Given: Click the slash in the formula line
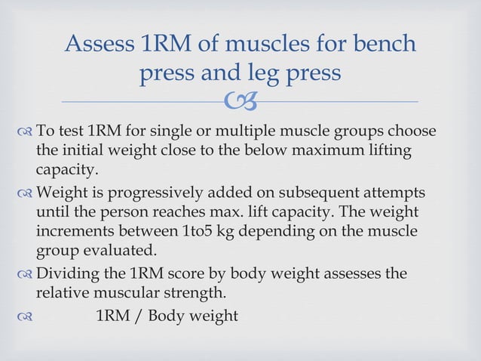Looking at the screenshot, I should click(136, 314).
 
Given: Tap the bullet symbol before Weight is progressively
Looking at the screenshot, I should click(24, 192).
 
